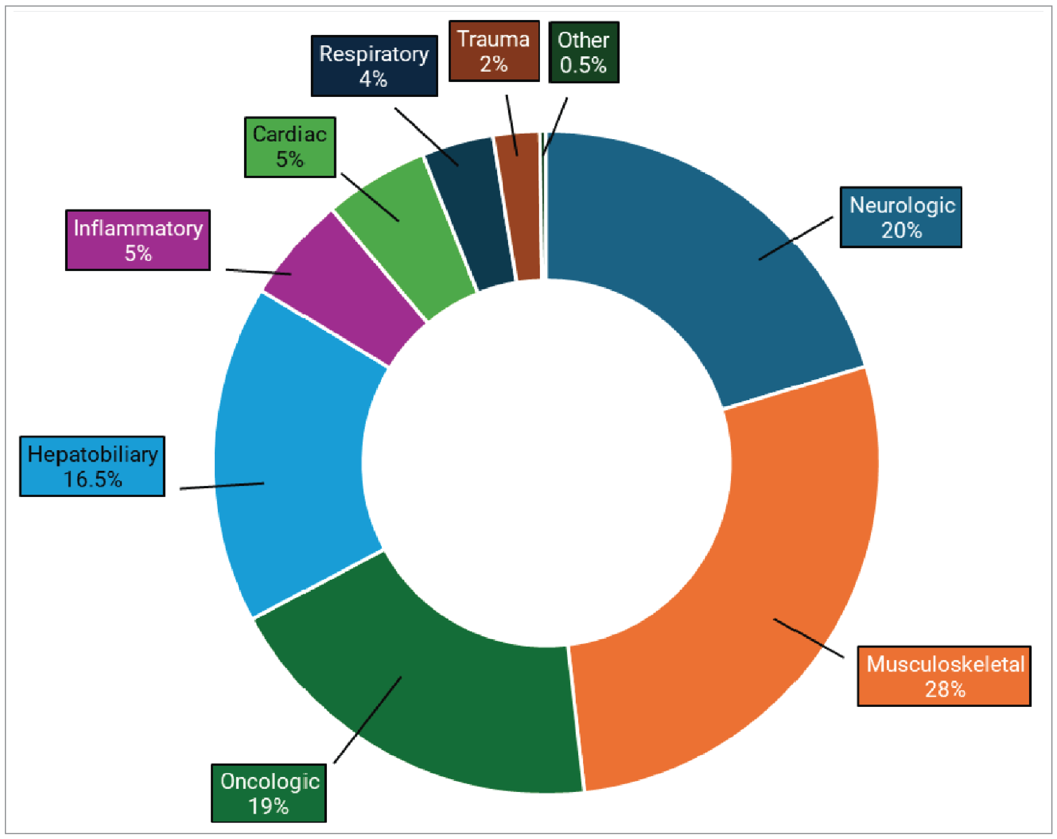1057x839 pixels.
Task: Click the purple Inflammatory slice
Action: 343,289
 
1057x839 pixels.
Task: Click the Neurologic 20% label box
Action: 901,217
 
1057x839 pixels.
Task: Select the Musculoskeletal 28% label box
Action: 944,676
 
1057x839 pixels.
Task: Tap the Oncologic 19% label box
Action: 269,793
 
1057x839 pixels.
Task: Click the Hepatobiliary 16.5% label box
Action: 92,466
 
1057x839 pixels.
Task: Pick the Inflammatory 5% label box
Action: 138,240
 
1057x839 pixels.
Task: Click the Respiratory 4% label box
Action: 374,66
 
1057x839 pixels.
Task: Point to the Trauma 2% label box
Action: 494,51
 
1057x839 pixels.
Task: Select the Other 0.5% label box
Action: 583,52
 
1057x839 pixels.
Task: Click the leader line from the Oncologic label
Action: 368,720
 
